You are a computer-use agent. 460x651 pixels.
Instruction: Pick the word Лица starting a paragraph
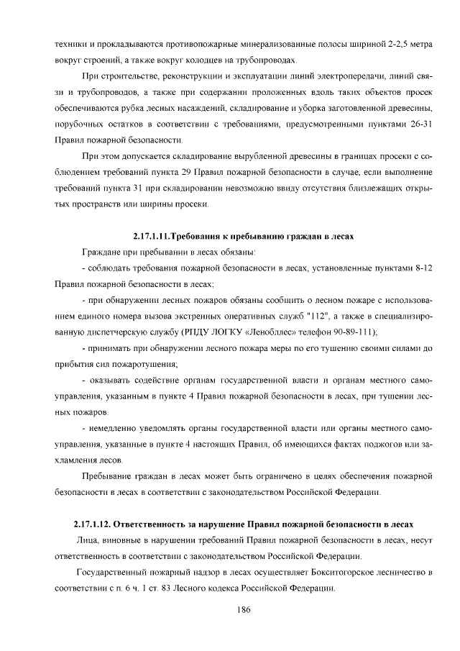pos(87,540)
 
